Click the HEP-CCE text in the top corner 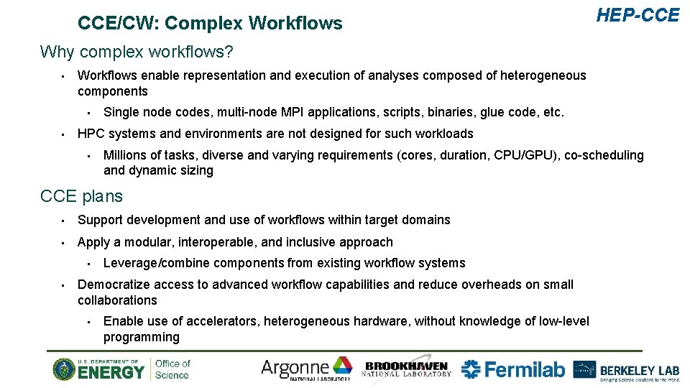pos(637,15)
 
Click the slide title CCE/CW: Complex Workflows pos(210,24)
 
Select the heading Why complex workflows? pos(137,52)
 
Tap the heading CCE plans pos(81,196)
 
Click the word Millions pos(126,155)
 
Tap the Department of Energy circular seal pos(64,369)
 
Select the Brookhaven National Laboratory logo pos(408,369)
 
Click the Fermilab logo pos(513,369)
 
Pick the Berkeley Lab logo pos(626,369)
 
